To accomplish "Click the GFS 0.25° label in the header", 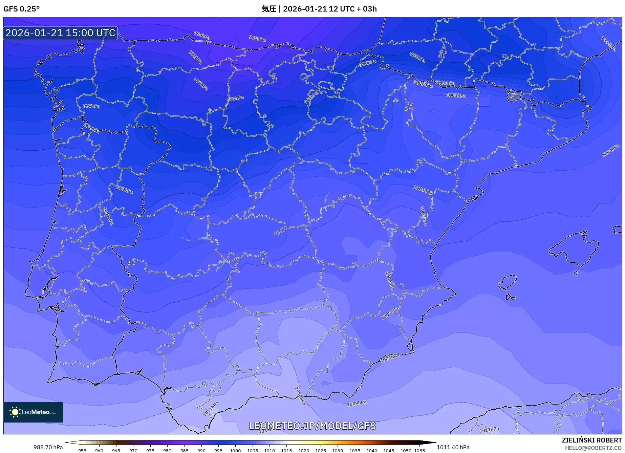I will point(21,9).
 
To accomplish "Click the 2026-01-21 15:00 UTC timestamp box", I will point(60,33).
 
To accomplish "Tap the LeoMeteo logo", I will point(33,412).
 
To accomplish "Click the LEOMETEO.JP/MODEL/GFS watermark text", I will point(312,426).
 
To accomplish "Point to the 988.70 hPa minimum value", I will point(48,447).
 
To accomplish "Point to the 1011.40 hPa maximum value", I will point(453,447).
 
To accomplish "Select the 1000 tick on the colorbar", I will point(235,450).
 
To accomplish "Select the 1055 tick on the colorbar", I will point(419,450).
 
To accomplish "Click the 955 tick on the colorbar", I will point(82,450).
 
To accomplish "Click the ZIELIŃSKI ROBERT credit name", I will point(592,440).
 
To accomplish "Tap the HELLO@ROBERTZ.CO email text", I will point(593,448).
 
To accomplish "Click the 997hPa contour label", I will point(92,106).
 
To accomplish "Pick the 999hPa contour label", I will point(125,190).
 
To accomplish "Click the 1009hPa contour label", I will point(357,403).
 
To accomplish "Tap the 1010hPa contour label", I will point(300,396).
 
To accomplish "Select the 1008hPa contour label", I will point(390,358).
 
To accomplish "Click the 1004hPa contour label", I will point(610,151).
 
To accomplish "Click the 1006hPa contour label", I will point(390,281).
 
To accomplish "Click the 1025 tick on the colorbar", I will point(321,450).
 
